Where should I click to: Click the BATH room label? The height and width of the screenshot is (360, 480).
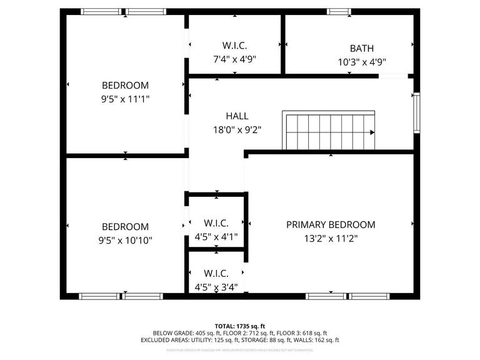point(362,48)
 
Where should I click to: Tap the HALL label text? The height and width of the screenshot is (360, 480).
point(237,116)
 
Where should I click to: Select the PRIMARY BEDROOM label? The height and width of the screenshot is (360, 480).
point(331,225)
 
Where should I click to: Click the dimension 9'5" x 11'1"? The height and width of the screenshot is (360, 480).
point(126,99)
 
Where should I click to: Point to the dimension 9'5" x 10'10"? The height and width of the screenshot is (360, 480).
point(126,240)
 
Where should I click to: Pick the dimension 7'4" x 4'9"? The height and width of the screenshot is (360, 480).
point(234,59)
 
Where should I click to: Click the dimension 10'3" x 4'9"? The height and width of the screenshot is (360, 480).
point(362,62)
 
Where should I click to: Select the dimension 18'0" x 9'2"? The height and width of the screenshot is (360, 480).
point(237,130)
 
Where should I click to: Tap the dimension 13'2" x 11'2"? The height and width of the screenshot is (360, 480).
point(331,238)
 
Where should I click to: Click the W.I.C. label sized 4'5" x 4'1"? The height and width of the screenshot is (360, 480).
point(216,223)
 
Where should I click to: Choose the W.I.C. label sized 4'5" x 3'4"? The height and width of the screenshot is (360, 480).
point(216,274)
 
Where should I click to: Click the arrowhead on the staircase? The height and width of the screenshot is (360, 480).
point(372,132)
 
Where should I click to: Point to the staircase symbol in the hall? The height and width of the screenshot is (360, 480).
point(329,132)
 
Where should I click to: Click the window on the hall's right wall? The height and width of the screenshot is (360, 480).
point(416,112)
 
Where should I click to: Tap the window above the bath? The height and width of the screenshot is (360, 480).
point(339,11)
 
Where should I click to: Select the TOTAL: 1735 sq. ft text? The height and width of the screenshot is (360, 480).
point(240,326)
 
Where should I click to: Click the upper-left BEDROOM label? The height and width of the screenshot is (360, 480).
point(126,86)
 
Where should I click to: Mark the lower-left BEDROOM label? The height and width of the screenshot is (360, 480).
point(126,227)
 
